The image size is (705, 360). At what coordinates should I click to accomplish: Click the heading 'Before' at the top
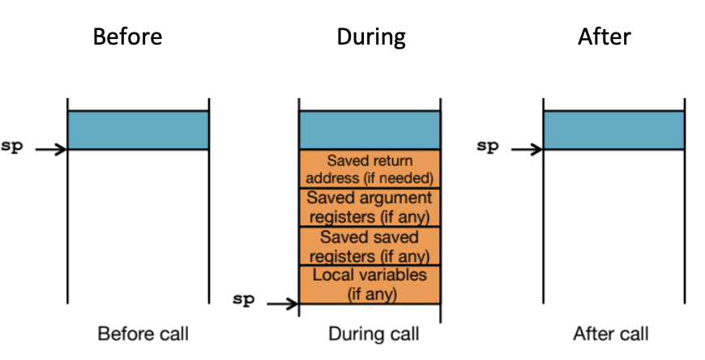point(127,37)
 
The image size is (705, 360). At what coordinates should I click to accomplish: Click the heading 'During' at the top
point(370,37)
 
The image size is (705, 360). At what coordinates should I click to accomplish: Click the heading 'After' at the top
point(604,37)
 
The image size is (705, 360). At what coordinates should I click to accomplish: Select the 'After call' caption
point(610,333)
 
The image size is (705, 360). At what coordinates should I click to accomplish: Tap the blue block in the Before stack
point(138,130)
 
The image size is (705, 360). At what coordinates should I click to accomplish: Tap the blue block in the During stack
point(370,130)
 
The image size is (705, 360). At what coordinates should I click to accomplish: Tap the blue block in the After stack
point(613,130)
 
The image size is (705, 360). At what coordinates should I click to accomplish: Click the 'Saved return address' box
point(370,169)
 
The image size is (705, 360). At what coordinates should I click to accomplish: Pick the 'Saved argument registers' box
point(370,208)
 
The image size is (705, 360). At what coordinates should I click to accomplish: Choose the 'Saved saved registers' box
point(370,246)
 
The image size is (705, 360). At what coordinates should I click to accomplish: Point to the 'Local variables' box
point(370,284)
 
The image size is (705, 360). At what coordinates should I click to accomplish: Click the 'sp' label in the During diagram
point(243,299)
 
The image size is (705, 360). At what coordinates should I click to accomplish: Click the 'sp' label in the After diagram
point(487,148)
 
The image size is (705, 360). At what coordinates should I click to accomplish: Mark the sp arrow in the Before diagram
point(50,150)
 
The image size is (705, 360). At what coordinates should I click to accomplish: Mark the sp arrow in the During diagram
point(282,304)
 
